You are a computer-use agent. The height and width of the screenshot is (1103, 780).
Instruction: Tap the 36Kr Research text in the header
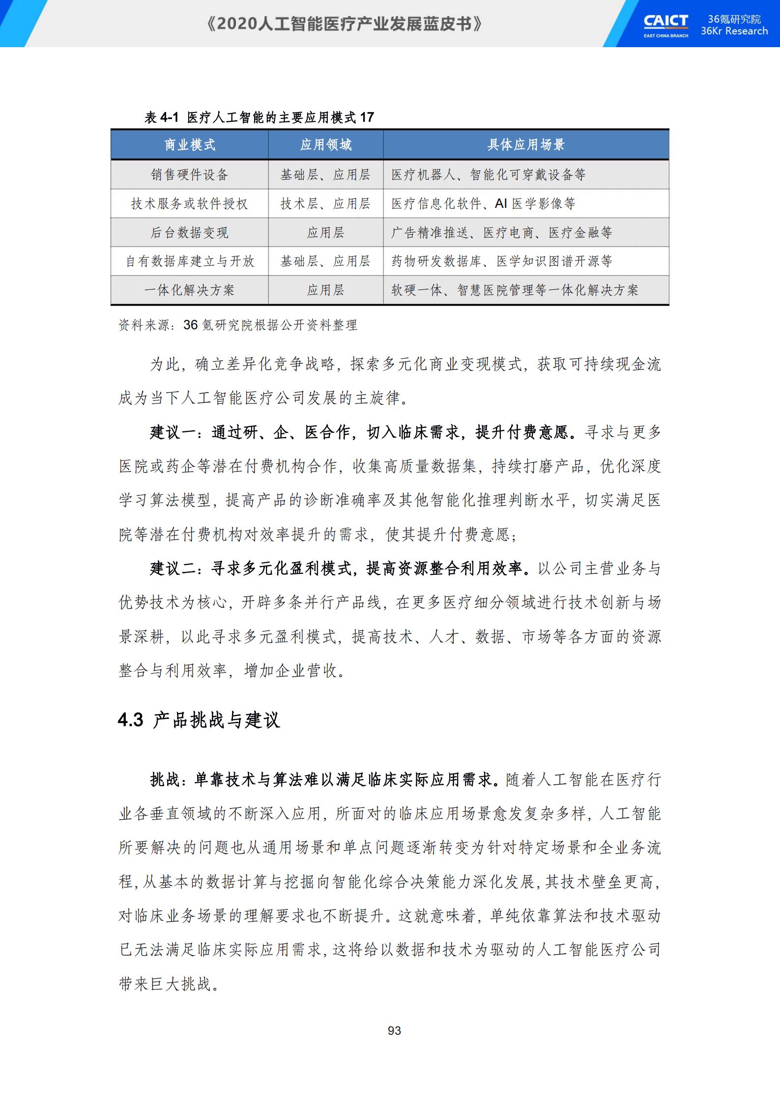coord(734,31)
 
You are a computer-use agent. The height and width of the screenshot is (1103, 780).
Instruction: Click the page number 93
coord(394,1030)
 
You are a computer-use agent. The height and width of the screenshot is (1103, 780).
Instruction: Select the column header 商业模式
coord(190,145)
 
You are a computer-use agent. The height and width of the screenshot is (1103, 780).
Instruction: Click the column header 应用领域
coord(326,145)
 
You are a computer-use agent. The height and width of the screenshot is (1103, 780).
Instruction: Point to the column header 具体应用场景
coord(526,145)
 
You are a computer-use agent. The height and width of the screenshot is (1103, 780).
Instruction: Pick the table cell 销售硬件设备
coord(190,175)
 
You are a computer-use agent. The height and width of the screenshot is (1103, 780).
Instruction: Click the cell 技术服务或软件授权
coord(190,204)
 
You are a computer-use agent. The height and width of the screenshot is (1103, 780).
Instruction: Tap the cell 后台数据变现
coord(190,232)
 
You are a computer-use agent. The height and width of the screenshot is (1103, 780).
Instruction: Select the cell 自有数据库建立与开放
coord(190,261)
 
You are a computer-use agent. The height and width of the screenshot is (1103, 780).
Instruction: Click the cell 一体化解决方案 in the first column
coord(190,290)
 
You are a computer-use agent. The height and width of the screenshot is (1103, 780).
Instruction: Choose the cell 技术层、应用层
coord(325,204)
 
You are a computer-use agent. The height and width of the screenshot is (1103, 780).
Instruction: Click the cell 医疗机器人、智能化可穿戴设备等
coord(488,175)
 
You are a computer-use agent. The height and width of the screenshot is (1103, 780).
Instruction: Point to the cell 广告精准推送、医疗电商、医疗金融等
coord(501,232)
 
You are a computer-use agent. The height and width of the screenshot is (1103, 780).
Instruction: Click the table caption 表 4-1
coord(161,117)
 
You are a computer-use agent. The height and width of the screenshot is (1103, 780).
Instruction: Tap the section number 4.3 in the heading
coord(131,720)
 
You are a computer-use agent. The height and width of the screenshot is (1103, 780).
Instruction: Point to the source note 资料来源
coord(145,325)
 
